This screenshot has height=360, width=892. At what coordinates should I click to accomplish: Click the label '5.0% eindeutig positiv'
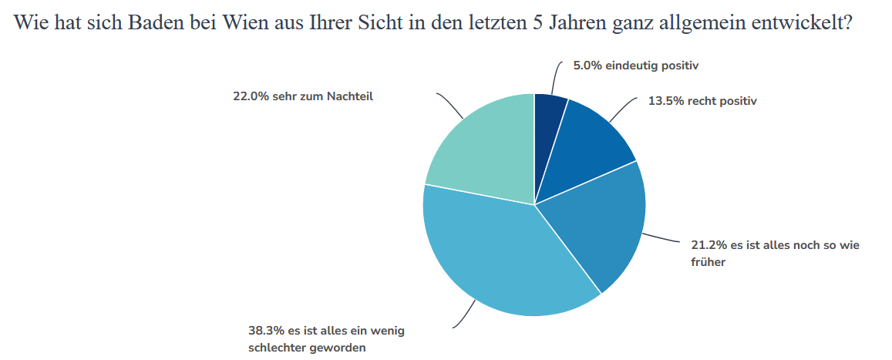(x=635, y=66)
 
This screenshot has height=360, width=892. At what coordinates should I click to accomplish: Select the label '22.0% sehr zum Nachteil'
(x=303, y=96)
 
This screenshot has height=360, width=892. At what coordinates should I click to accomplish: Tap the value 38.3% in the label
(x=263, y=331)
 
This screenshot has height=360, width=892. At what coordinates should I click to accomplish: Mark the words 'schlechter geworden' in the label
(x=307, y=348)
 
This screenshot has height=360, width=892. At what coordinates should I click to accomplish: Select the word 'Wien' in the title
(x=240, y=22)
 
